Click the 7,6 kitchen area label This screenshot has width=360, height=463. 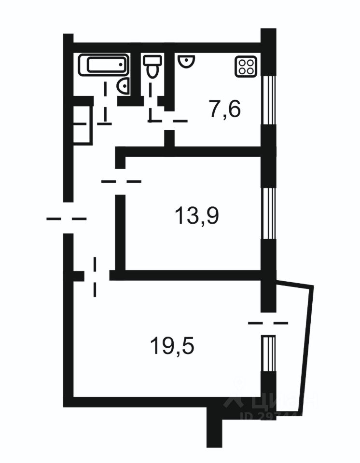coord(224,109)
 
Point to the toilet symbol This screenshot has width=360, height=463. coord(153,66)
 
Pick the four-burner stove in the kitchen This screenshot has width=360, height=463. coord(245,67)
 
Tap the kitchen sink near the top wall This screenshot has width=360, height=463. coord(185,61)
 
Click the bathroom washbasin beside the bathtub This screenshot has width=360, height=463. coord(124,86)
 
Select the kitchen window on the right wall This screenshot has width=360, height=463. coord(268,101)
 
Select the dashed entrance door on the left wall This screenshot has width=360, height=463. coord(67,218)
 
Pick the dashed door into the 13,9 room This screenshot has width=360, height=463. coord(121,181)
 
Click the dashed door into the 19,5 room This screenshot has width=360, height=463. coord(95,276)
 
